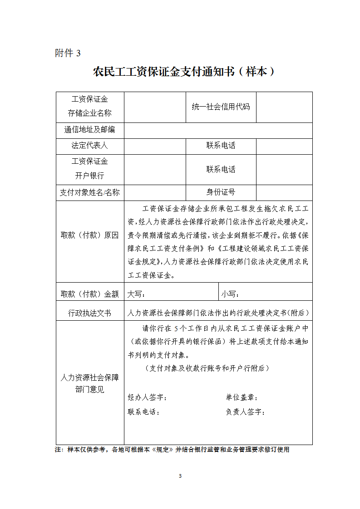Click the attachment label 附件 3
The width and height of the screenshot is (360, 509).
click(x=68, y=53)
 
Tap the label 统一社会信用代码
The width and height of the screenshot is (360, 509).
click(x=221, y=107)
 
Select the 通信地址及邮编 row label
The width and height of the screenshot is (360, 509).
click(x=90, y=130)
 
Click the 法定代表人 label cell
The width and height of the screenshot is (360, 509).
click(x=90, y=146)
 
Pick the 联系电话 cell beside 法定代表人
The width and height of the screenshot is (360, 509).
click(x=221, y=146)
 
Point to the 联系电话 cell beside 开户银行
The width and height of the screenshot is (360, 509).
click(x=221, y=169)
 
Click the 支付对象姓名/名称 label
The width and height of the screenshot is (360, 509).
click(x=90, y=192)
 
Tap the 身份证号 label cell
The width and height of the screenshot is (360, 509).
click(x=221, y=192)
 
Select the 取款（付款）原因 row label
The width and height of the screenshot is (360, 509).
click(x=90, y=235)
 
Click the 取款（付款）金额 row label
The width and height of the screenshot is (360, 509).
click(x=90, y=294)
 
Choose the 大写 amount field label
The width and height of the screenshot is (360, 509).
click(x=136, y=294)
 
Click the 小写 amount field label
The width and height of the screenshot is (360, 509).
click(x=230, y=294)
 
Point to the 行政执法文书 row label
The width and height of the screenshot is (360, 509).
click(x=90, y=313)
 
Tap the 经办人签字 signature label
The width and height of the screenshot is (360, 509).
click(x=147, y=397)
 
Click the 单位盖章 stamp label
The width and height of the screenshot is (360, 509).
click(x=242, y=397)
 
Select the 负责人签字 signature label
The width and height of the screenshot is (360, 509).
click(x=245, y=412)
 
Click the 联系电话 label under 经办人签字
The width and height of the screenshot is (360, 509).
click(x=143, y=412)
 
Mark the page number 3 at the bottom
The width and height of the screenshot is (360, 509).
click(x=180, y=476)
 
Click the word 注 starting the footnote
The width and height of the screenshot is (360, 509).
click(x=58, y=450)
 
